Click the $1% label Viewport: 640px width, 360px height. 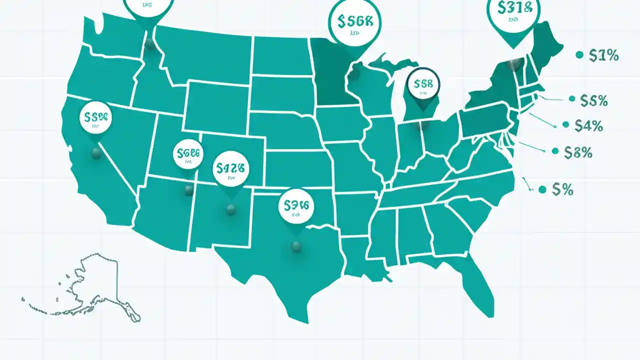click(x=604, y=56)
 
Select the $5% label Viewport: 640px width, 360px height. click(x=594, y=101)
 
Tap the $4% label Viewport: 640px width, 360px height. click(x=588, y=126)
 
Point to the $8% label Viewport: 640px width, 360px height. click(x=578, y=152)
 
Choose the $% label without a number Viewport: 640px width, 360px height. click(x=562, y=189)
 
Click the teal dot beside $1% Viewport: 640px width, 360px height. click(x=579, y=55)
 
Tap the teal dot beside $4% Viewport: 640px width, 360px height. click(x=566, y=124)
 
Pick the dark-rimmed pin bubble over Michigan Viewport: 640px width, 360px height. click(x=423, y=84)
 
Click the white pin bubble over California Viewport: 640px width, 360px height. click(x=96, y=118)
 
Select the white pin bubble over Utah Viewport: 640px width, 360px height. click(x=188, y=154)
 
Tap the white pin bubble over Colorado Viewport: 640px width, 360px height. click(x=230, y=169)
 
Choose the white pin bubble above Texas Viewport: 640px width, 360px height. click(x=296, y=205)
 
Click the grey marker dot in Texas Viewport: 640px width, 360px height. click(x=296, y=246)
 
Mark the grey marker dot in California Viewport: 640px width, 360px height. click(x=96, y=153)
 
